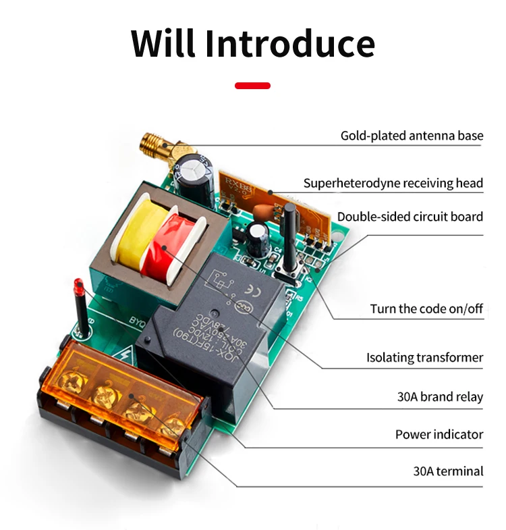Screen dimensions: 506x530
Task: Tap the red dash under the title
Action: (x=252, y=86)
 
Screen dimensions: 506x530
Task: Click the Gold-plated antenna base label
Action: (x=412, y=136)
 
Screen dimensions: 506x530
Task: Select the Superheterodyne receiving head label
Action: (x=393, y=183)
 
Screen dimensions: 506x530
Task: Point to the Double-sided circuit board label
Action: (x=410, y=217)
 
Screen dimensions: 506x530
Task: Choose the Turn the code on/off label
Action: (x=426, y=309)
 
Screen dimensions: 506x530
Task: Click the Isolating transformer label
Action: (x=424, y=357)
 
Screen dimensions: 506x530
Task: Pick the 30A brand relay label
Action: (x=440, y=396)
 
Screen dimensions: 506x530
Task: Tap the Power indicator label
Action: (x=439, y=434)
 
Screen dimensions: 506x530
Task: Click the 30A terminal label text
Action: (x=448, y=471)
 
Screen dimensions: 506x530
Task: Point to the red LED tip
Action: (x=78, y=288)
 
